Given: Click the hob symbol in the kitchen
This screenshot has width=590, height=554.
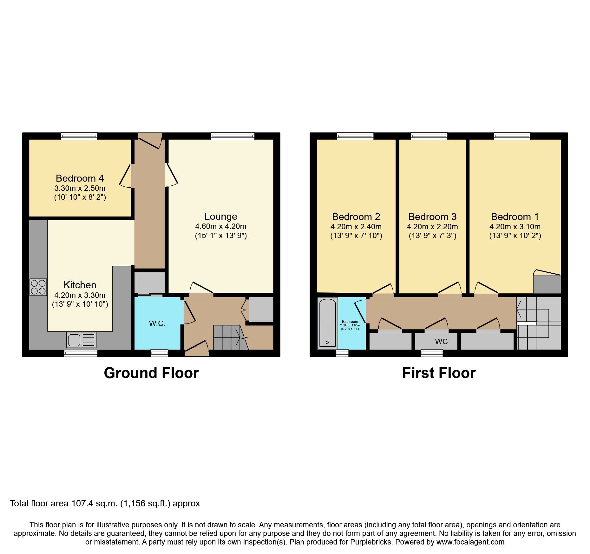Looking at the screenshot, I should [x=38, y=287].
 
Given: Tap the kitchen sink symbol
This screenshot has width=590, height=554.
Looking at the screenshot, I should [x=81, y=340].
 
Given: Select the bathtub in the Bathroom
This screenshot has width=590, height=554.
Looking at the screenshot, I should [x=327, y=323].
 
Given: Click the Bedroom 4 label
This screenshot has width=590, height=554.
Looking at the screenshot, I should [x=80, y=178].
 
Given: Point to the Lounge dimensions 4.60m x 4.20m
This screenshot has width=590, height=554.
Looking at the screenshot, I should [x=220, y=226].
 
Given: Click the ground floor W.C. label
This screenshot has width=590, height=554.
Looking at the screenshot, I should [x=157, y=324].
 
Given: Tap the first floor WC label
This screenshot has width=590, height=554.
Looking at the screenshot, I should [x=441, y=341].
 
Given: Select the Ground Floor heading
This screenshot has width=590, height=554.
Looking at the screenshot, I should [x=151, y=373].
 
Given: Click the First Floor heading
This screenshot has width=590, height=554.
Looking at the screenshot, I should [x=439, y=373].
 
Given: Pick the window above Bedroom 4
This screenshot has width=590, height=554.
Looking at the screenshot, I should [x=79, y=136].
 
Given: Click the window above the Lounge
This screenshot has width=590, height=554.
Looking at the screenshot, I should [x=233, y=136].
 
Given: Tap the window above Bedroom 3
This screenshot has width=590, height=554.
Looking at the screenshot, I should [x=429, y=136].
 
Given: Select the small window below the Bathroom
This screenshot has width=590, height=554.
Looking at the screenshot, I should [x=342, y=353].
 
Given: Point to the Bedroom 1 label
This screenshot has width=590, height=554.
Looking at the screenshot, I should [x=515, y=217].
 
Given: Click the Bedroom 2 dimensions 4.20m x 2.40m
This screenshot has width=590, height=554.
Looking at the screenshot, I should [x=356, y=227].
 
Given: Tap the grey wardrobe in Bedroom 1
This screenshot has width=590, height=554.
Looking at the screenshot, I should [x=547, y=284].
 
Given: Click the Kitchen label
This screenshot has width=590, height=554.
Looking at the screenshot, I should [x=80, y=285].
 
